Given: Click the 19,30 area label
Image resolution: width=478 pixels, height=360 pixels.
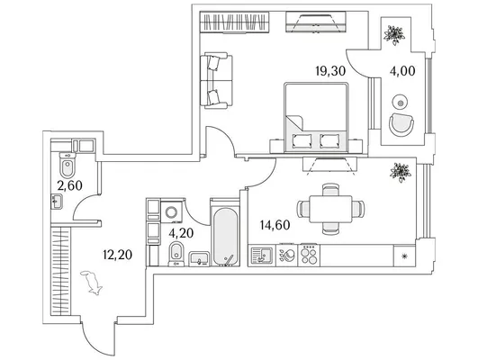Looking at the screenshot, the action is click(x=330, y=71).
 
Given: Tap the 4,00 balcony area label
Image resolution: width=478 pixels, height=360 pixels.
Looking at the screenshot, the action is click(x=402, y=71).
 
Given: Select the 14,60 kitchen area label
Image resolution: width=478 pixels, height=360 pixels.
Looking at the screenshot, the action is click(x=275, y=225).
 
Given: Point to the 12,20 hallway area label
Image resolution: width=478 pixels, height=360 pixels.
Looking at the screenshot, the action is click(x=117, y=255).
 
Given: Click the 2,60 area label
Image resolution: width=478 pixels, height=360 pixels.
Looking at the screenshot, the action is click(x=70, y=185).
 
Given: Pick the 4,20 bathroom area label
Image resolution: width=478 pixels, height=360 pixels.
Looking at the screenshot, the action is click(x=181, y=233).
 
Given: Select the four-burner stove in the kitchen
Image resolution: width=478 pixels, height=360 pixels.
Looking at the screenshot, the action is click(x=309, y=255).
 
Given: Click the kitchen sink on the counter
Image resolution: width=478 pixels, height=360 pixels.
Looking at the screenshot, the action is click(x=262, y=256).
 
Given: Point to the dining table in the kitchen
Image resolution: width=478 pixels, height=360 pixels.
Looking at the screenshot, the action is click(x=330, y=209).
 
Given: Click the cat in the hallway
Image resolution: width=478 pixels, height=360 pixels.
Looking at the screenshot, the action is click(x=92, y=283).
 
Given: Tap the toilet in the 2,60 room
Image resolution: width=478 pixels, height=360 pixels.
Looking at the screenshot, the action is click(x=67, y=165).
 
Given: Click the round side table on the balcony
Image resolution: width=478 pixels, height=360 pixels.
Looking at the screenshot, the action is click(x=401, y=103).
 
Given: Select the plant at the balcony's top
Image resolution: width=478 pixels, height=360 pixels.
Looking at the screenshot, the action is click(x=394, y=34).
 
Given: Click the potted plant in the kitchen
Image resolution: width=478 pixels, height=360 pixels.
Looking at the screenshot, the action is click(x=401, y=172).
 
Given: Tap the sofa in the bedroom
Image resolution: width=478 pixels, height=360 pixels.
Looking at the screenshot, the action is click(x=216, y=80).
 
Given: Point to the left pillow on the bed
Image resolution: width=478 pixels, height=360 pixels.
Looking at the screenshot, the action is click(x=302, y=140).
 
